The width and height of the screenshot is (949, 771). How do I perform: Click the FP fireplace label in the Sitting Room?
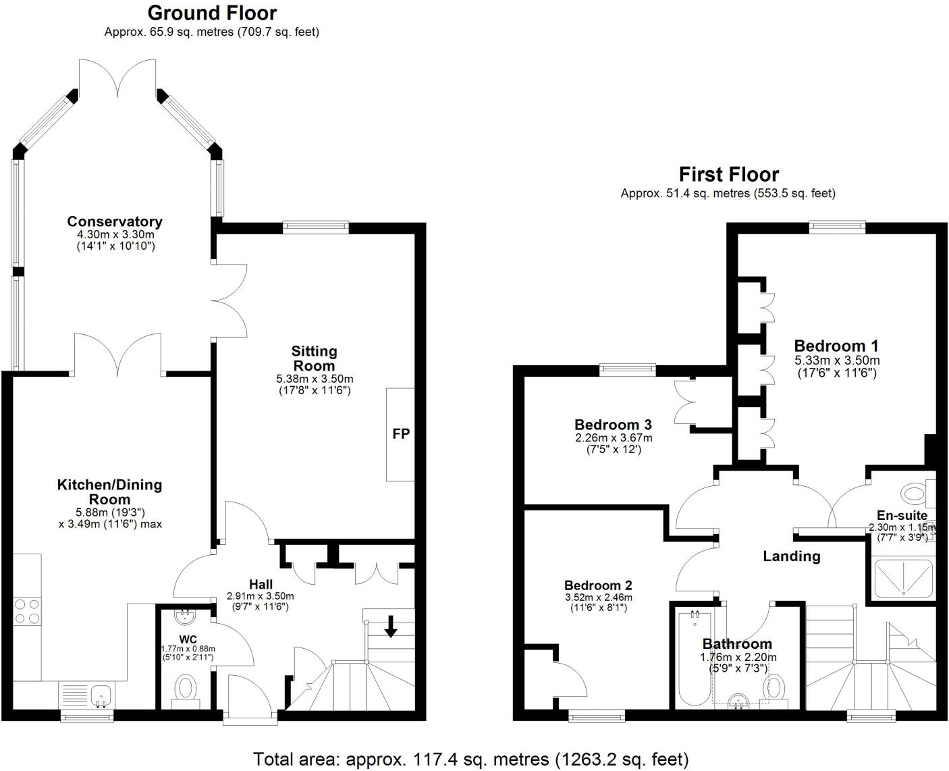(x=401, y=433)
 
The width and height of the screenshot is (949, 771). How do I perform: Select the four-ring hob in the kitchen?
(x=26, y=611)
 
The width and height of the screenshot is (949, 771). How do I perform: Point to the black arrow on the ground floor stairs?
(x=390, y=626)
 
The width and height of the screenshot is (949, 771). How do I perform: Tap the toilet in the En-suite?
(x=917, y=493)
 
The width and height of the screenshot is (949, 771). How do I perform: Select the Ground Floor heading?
(x=212, y=13)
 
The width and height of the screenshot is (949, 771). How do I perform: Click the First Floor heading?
(x=729, y=174)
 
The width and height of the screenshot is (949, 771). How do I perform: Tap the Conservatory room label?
(x=115, y=221)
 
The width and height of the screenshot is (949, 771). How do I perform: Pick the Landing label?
(x=792, y=556)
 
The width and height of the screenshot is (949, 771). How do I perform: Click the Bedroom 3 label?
(x=613, y=425)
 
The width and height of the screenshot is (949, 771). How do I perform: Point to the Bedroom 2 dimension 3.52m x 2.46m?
(x=598, y=597)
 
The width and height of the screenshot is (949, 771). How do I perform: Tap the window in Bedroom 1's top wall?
(x=837, y=228)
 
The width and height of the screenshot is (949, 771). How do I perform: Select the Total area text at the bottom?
(x=471, y=759)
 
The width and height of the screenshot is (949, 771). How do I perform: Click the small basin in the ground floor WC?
(x=184, y=616)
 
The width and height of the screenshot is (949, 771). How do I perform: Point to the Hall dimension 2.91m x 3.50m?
(x=261, y=596)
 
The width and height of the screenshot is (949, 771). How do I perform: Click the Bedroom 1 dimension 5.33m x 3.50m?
(x=837, y=361)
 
